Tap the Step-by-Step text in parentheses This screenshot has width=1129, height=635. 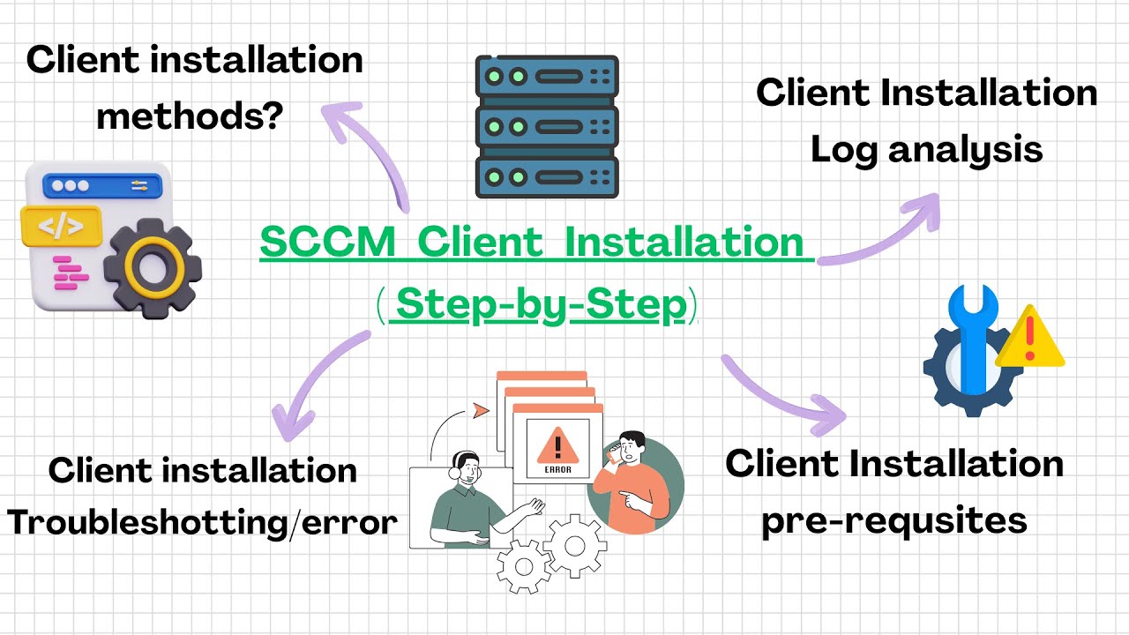click(541, 305)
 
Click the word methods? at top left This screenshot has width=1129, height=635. click(189, 115)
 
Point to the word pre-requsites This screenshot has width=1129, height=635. click(893, 519)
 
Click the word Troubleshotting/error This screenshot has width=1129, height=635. click(202, 523)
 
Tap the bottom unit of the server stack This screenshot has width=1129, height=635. click(547, 177)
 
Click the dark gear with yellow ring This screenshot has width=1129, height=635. click(152, 268)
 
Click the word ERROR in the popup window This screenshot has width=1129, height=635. click(557, 470)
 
